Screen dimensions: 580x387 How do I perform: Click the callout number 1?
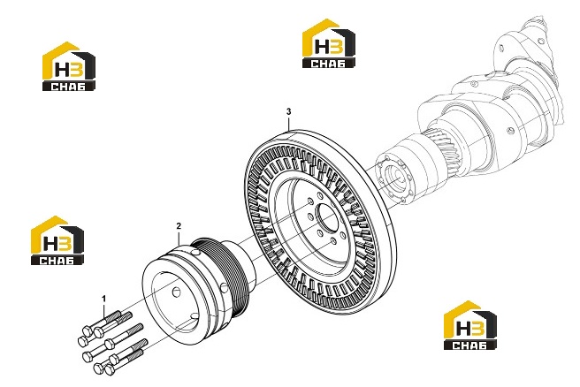pos(104,299)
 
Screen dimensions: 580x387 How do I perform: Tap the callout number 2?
pos(179,226)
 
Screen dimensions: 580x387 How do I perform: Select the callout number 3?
pos(289,111)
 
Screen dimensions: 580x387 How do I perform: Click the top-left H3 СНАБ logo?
pos(69,66)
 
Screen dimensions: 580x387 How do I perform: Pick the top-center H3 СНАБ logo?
pos(329,43)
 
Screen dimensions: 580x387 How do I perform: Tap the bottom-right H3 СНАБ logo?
pos(470,325)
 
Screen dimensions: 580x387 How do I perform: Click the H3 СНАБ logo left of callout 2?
pos(57,240)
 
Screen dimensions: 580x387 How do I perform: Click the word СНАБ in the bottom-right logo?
pos(469,345)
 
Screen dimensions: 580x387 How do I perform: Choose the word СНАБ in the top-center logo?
pos(329,64)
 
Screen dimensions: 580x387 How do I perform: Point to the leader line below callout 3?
pos(289,123)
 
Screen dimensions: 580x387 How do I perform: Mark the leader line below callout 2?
pos(179,239)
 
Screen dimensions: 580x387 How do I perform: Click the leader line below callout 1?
pos(104,310)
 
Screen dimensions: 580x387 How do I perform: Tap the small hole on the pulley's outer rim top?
pos(195,253)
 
